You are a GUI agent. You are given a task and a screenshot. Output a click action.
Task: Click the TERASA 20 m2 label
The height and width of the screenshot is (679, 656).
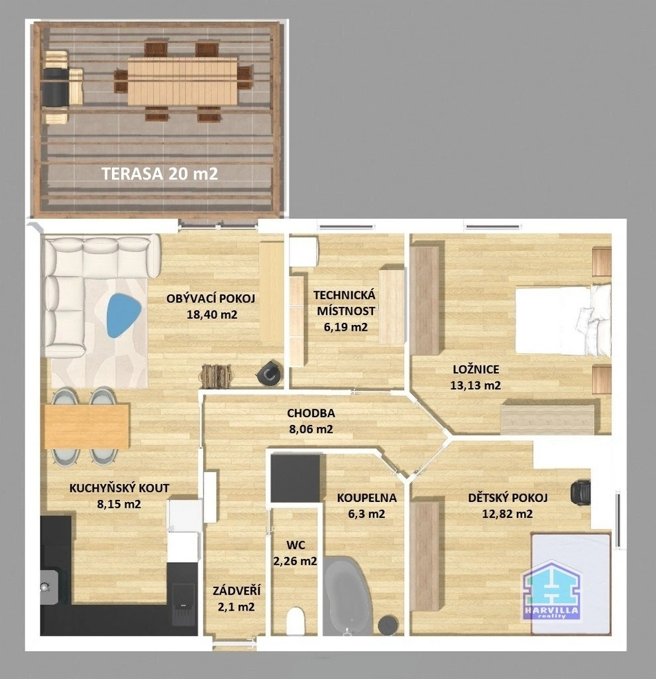point(160,174)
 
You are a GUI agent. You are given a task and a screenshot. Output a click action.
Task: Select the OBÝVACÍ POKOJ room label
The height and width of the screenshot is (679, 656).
point(211,298)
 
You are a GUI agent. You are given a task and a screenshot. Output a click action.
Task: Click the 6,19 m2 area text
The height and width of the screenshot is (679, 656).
point(346,326)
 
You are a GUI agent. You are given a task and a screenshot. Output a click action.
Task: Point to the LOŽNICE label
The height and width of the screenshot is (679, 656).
point(476,369)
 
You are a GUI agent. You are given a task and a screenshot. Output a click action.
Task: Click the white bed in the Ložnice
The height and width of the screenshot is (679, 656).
point(563,320)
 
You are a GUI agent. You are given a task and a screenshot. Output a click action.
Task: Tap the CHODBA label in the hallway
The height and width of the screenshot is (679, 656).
point(311,413)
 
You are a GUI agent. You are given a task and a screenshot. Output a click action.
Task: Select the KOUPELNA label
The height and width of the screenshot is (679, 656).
point(367,498)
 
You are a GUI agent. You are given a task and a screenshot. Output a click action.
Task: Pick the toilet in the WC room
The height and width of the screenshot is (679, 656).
point(296,621)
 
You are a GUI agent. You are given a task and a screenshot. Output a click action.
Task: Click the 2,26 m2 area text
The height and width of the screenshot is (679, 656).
point(295,561)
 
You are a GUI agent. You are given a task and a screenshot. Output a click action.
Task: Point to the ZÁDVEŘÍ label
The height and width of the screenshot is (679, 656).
point(237,591)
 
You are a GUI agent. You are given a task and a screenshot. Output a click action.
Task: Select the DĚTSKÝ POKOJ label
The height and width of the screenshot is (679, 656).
point(508,498)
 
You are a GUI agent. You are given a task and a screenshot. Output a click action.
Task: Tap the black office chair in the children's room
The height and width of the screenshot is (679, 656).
point(580,493)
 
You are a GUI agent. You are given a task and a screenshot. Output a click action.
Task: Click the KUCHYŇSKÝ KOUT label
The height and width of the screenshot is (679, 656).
point(119,488)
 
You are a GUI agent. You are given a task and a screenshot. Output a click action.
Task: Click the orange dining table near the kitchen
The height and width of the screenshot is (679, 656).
point(87,426)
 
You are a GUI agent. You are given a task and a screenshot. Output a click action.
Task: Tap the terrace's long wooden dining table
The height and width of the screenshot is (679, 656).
point(183,82)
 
